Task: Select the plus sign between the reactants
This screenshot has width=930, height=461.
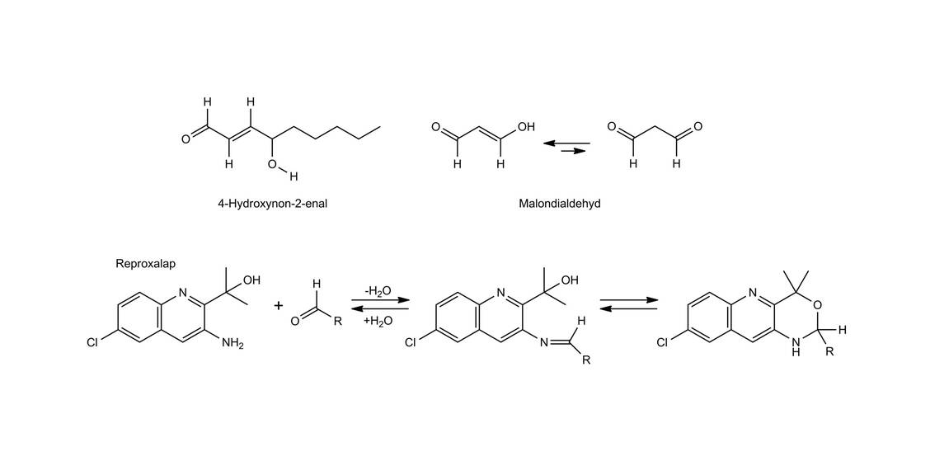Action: [279, 306]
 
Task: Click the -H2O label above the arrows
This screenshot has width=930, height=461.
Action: [377, 291]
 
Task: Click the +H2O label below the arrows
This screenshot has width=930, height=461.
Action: [377, 321]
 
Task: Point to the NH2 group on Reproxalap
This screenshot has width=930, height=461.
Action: [232, 343]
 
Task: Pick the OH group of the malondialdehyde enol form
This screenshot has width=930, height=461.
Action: [526, 127]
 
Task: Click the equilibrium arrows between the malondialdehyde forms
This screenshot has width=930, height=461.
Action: [566, 147]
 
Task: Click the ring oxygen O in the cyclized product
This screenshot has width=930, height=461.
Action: [817, 304]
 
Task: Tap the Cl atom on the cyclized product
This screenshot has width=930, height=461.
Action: [662, 343]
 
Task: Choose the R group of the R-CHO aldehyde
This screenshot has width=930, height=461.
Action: [337, 322]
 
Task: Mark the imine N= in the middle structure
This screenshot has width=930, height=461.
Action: [545, 343]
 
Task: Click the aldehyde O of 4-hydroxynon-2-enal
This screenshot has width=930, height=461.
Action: [186, 139]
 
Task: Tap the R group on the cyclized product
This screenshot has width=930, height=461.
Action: [830, 351]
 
